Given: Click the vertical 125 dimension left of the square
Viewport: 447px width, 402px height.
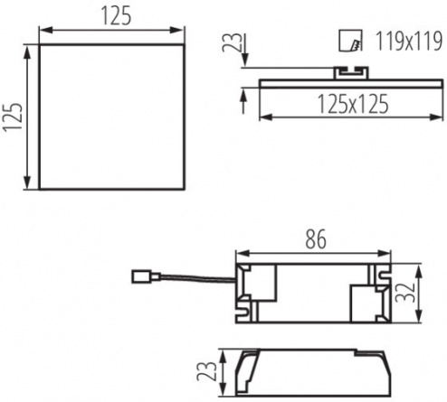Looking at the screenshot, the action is [x=13, y=117].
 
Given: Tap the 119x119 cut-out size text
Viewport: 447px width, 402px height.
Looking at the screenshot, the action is [x=409, y=41].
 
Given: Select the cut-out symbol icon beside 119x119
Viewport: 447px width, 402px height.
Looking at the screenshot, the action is [x=350, y=41].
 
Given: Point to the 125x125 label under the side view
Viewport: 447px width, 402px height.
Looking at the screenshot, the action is [x=353, y=104].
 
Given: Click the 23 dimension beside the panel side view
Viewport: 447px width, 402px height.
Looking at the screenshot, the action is [x=233, y=42].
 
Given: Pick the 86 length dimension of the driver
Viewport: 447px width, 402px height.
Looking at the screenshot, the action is [x=316, y=239].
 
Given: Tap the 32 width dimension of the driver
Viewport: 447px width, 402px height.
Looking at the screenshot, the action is [x=405, y=293].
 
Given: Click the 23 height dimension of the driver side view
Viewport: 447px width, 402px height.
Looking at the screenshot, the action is [x=206, y=371].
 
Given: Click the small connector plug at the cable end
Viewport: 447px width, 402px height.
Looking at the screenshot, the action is [x=146, y=276].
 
